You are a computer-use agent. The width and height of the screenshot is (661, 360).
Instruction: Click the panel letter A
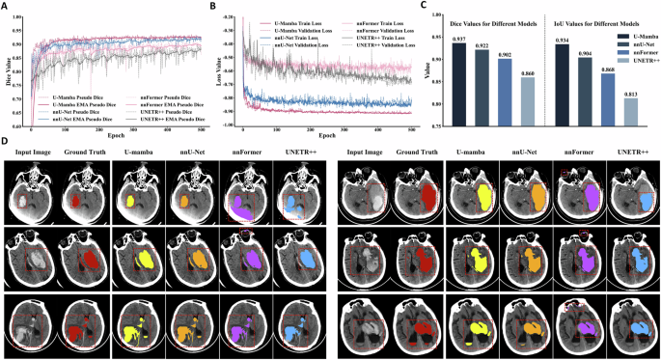[x=6, y=6]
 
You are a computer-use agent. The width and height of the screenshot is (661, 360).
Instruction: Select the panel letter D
[x=6, y=144]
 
